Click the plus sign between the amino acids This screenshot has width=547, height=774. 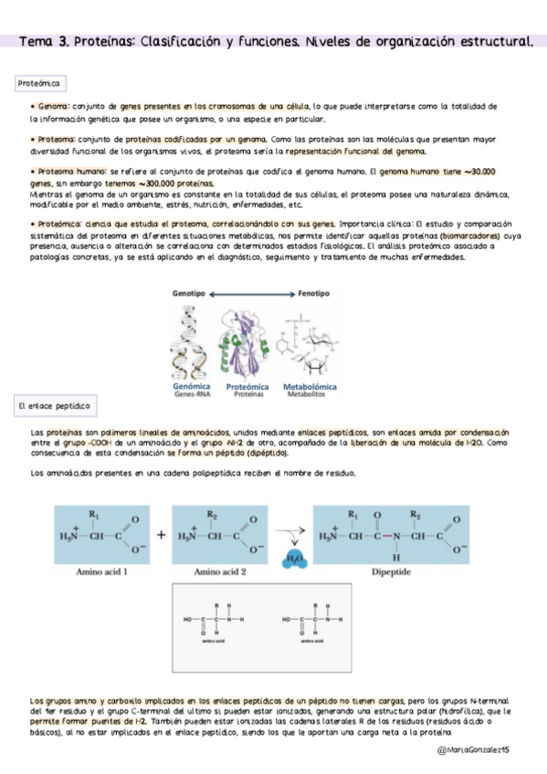(x=162, y=535)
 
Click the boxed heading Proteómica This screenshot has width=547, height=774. (x=39, y=83)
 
